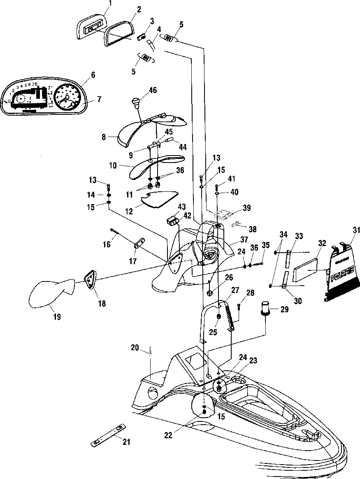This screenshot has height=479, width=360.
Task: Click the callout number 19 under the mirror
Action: [57, 316]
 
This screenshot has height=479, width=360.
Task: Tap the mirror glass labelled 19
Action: [49, 293]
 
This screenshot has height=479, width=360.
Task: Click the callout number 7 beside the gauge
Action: [99, 100]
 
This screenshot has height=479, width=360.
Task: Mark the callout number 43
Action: [182, 206]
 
